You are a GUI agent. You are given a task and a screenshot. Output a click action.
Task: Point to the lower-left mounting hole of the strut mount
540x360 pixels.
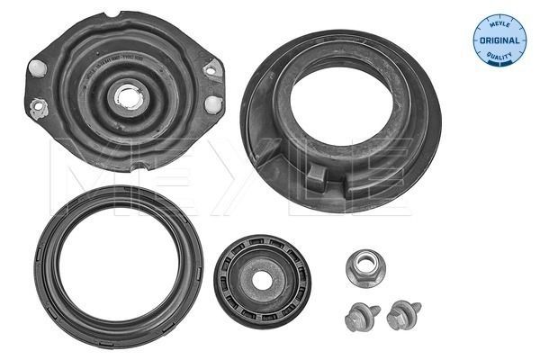[39, 109]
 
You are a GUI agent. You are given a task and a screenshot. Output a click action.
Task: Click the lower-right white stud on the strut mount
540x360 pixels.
[212, 103]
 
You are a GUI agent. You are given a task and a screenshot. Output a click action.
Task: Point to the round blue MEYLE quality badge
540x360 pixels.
[499, 40]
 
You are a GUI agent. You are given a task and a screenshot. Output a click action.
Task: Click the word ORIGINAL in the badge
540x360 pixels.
[499, 41]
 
